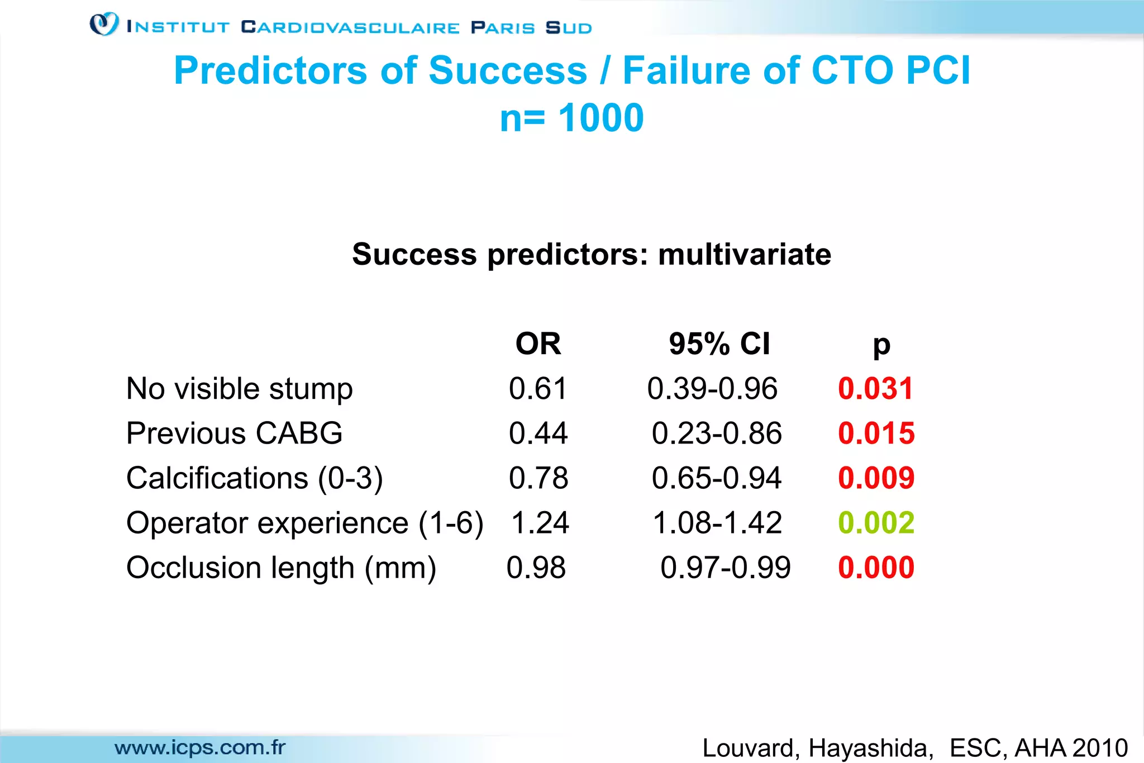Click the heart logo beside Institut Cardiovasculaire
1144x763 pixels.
104,25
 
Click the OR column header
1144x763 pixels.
538,344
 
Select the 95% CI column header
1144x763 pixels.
719,344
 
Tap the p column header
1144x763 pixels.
881,346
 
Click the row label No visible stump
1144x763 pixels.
240,389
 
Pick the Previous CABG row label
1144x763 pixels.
235,433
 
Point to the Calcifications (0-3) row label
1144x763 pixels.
255,478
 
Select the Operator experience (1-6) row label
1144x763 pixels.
305,523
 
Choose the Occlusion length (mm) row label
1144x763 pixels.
281,568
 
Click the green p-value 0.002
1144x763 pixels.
876,523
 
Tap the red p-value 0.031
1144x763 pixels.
875,389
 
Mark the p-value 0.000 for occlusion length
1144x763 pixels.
876,568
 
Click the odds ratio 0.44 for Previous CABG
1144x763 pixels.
538,433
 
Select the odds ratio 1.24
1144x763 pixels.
540,523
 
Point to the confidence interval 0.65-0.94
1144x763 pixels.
717,478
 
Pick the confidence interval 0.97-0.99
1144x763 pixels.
725,568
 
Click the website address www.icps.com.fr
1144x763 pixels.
200,747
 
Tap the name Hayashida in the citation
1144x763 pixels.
870,748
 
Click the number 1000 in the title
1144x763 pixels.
601,118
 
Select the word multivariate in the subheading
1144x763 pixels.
745,255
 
